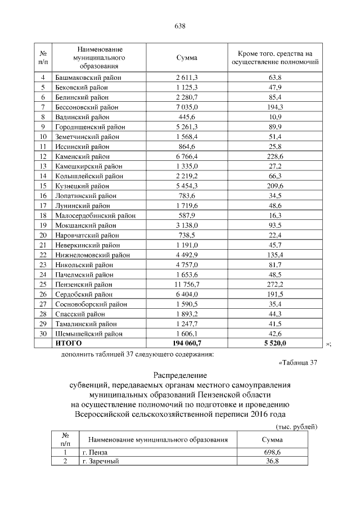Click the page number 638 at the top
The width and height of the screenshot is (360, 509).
pos(180,26)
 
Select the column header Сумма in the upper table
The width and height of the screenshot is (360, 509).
pos(187,58)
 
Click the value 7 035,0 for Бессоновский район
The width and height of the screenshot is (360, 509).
pos(187,106)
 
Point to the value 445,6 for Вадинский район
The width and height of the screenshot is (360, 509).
pos(187,116)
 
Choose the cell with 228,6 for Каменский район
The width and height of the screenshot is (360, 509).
pos(276,156)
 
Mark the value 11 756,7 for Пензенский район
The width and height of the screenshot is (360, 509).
pos(187,285)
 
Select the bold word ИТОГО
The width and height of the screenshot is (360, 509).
pos(69,343)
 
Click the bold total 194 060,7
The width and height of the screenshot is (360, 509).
pos(187,343)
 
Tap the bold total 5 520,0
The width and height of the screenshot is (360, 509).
pos(276,343)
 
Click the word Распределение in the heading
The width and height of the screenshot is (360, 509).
pos(180,375)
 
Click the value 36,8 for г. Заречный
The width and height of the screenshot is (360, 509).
pos(272,461)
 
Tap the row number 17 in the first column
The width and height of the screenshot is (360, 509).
pos(43,205)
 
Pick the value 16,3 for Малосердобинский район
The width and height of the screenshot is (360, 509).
pos(276,215)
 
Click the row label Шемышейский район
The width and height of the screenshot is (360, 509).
pos(88,334)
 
